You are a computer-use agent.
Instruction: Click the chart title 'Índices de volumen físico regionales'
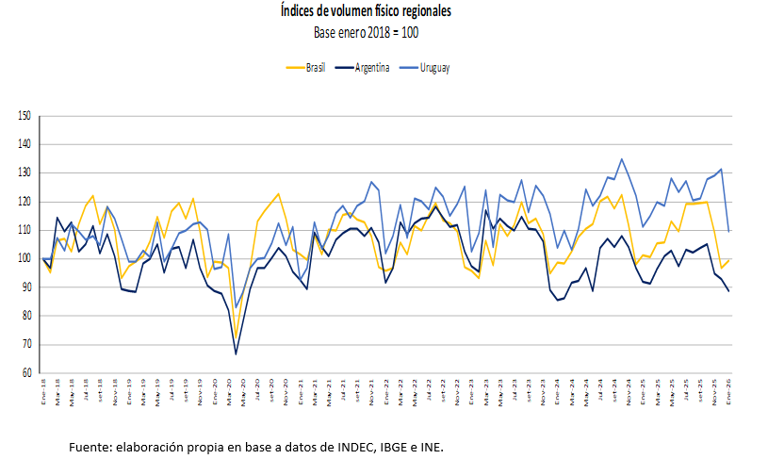(366, 12)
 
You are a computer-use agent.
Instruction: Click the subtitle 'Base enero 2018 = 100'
(366, 32)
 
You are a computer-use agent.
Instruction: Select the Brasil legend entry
(315, 68)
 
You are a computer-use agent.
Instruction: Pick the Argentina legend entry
(373, 68)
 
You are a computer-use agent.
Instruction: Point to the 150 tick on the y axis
(25, 116)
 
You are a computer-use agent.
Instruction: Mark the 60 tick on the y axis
(25, 373)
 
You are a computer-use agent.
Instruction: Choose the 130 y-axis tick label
(25, 173)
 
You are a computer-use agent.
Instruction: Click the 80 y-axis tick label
(25, 317)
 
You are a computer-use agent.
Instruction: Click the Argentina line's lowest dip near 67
(236, 353)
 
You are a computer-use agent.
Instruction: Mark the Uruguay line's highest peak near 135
(622, 159)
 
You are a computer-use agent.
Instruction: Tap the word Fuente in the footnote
(88, 445)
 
